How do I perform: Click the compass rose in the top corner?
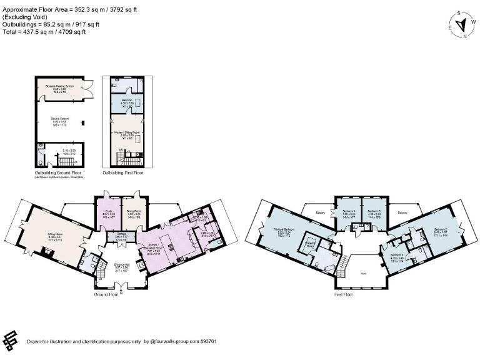click(x=462, y=24)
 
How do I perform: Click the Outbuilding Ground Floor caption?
click(x=59, y=172)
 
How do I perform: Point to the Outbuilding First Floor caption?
click(x=126, y=172)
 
